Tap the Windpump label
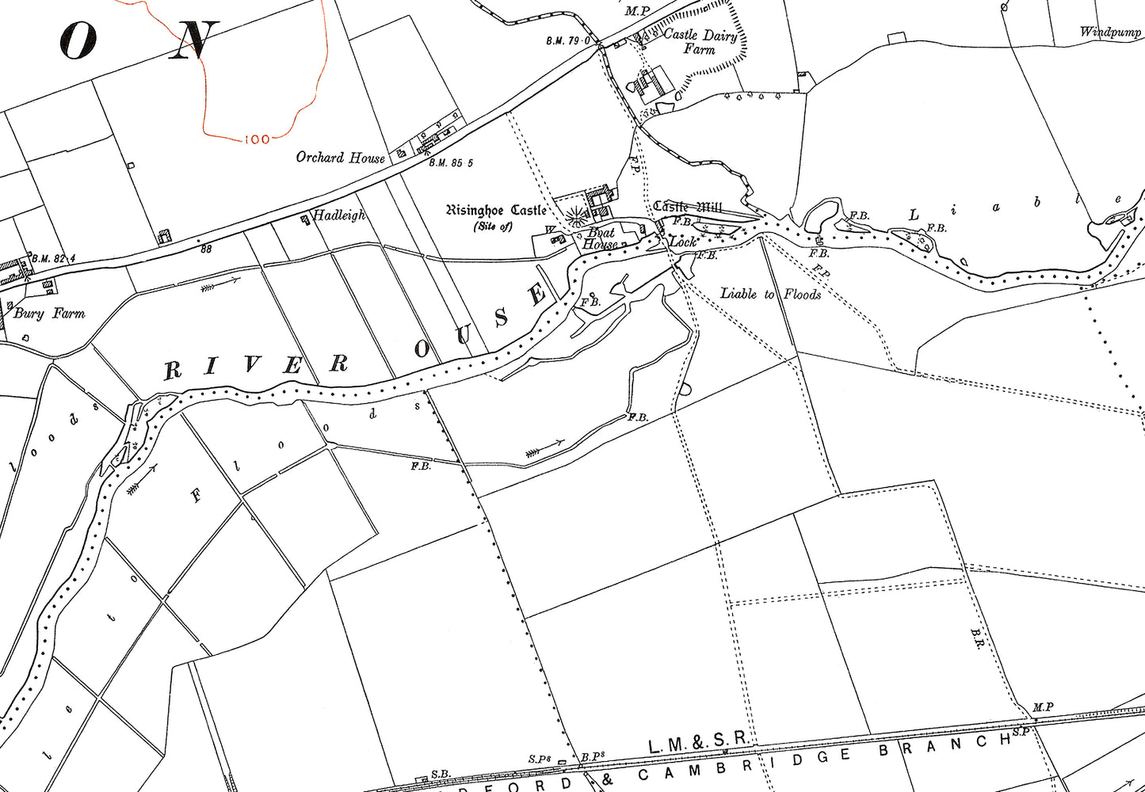(1110, 32)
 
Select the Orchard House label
(340, 158)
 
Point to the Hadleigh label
(339, 215)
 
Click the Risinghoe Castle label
(496, 211)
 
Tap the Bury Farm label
(49, 314)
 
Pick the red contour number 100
(257, 139)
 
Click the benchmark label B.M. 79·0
(568, 40)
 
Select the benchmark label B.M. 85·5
(451, 163)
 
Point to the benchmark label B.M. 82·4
(54, 258)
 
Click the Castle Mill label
(686, 207)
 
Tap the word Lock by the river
(682, 242)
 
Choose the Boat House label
(600, 238)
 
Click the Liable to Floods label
(770, 294)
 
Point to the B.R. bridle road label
(976, 639)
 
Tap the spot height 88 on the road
(207, 248)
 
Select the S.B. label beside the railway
(441, 774)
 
